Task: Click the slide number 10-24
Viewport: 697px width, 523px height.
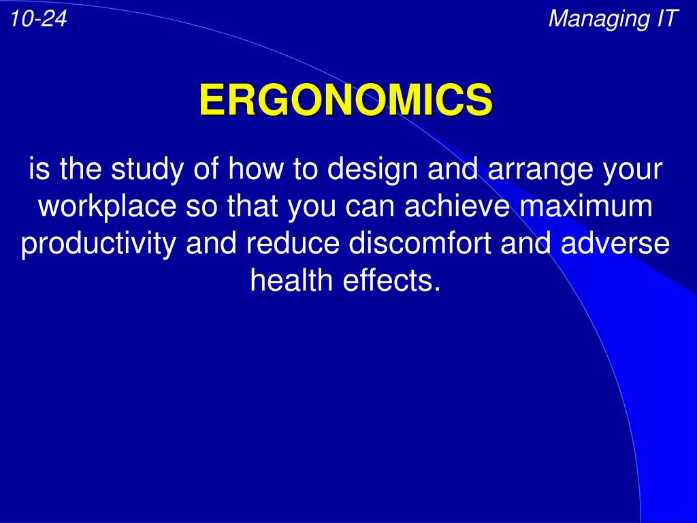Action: tap(39, 18)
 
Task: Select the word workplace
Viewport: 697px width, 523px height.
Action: tap(107, 208)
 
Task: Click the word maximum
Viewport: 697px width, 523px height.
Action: tap(586, 206)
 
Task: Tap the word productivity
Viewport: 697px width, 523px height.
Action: tap(98, 244)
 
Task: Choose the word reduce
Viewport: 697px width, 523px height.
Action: tap(293, 244)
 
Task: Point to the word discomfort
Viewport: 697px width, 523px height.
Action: tap(420, 244)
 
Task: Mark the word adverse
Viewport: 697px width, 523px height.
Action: tap(615, 244)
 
